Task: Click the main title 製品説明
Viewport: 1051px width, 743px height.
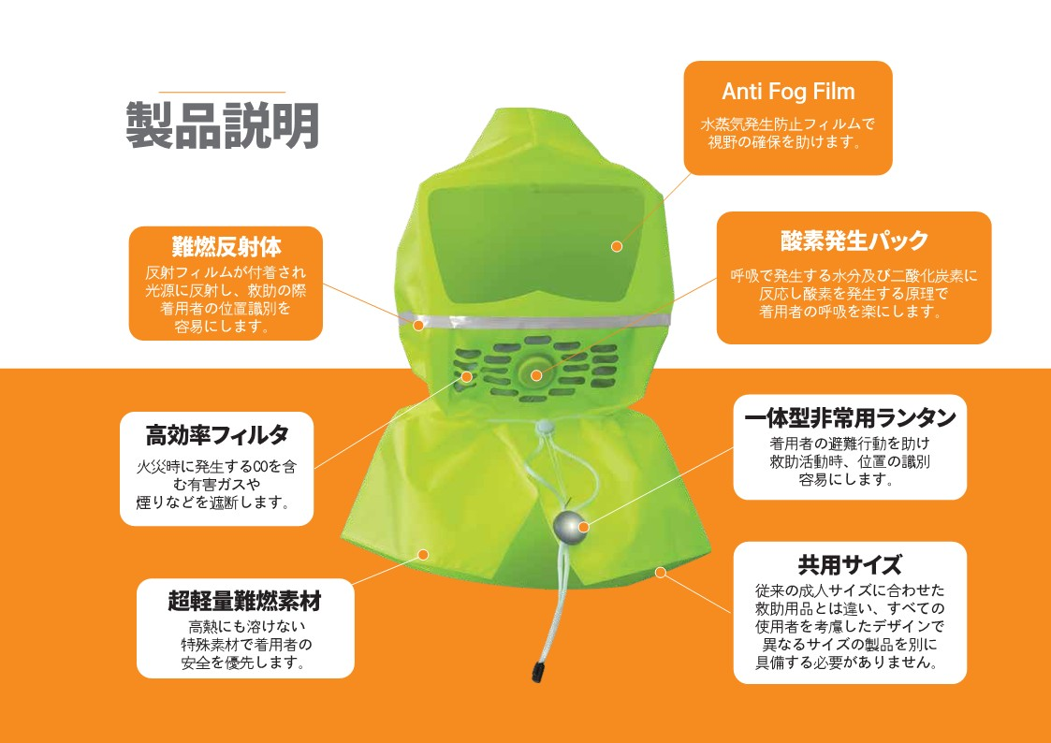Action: point(223,126)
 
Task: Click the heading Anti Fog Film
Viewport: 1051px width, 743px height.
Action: point(788,92)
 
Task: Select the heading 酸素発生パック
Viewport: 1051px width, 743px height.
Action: point(854,240)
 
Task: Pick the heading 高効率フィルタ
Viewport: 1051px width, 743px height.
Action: point(216,435)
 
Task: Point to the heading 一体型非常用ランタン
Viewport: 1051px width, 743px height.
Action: point(849,417)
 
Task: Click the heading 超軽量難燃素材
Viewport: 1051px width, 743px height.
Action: point(244,601)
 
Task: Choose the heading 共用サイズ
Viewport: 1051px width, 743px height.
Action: point(849,565)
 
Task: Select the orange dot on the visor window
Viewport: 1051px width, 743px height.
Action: point(617,246)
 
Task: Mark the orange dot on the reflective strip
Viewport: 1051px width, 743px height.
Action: point(418,325)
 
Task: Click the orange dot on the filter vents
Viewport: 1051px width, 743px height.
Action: point(467,376)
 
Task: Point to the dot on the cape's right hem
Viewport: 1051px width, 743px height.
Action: point(661,571)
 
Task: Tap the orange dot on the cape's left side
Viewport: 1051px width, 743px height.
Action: point(423,554)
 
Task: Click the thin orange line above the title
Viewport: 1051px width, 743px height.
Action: point(223,92)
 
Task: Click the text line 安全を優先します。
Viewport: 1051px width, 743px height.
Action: point(243,663)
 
